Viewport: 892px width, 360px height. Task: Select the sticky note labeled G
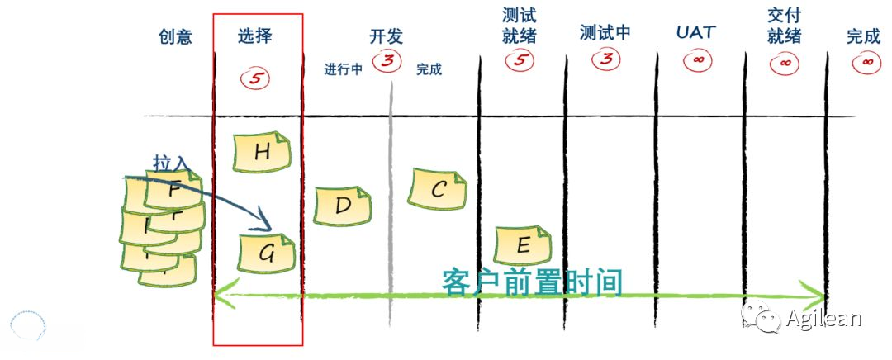click(267, 253)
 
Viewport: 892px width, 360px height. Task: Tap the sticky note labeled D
click(343, 206)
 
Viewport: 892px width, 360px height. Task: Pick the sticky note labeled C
click(438, 189)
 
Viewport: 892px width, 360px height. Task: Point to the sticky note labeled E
click(522, 244)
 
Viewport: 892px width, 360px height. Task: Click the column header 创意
click(175, 36)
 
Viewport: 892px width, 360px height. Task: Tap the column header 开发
click(386, 36)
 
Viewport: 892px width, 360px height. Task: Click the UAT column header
click(695, 33)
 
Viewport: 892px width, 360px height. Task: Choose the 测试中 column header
click(605, 33)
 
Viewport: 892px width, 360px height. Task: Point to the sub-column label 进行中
click(344, 69)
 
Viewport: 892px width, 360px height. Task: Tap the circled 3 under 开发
click(387, 60)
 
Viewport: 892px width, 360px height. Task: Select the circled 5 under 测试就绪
click(520, 59)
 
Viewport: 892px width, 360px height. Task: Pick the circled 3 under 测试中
click(607, 59)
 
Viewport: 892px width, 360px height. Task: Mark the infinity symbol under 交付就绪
click(785, 62)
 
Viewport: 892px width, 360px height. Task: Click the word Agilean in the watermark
click(823, 318)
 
